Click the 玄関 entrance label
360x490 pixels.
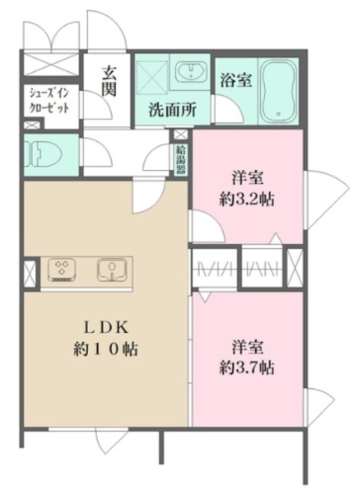point(109,80)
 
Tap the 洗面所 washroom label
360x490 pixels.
point(172,109)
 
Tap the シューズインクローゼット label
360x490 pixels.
point(51,100)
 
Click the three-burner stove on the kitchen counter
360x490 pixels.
point(61,269)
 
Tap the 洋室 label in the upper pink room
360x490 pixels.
point(247,180)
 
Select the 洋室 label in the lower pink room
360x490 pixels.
point(247,347)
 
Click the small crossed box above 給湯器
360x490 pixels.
point(181,136)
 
